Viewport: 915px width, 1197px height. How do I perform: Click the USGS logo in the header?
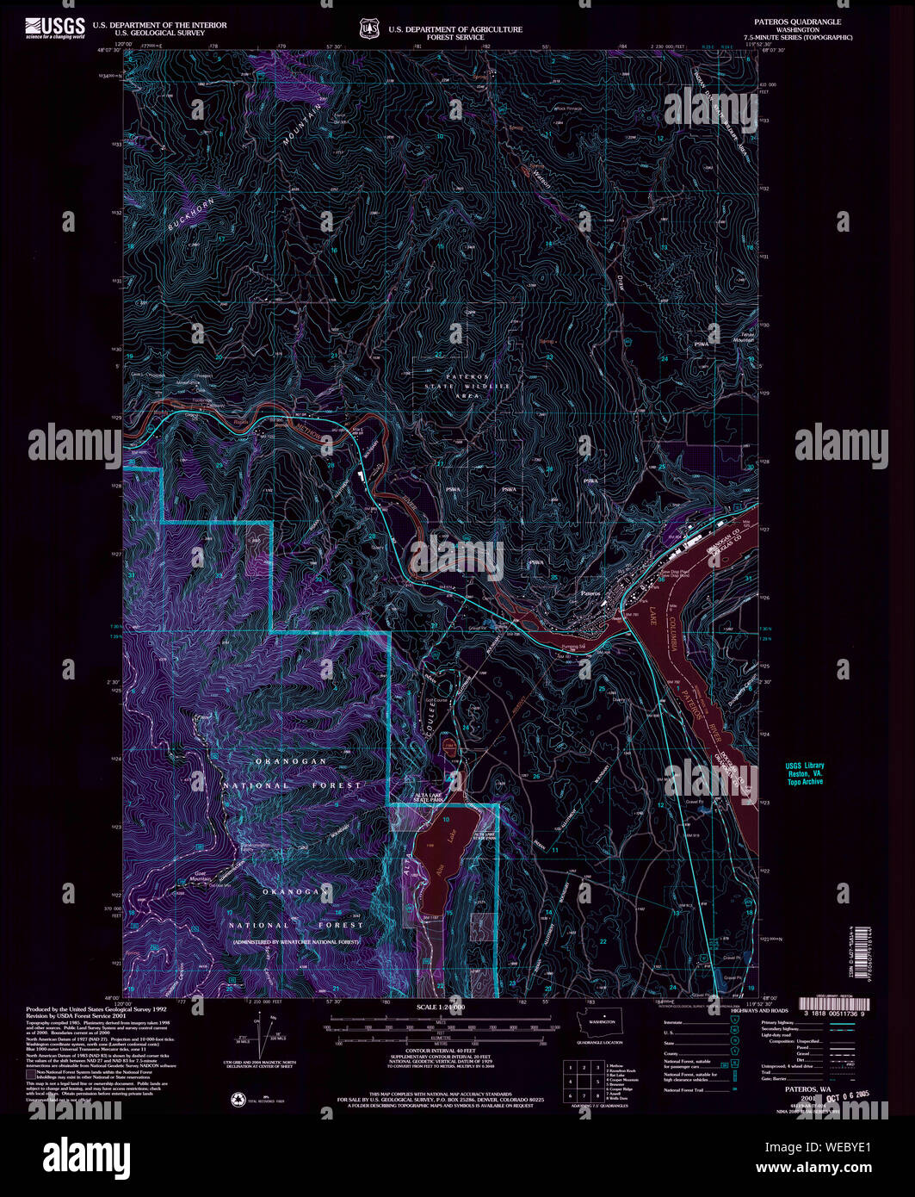[x=55, y=28]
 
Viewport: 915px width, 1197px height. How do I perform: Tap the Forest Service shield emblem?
[x=370, y=29]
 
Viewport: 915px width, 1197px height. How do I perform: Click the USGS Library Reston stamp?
[x=805, y=773]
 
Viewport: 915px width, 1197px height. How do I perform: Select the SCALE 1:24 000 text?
[x=440, y=1007]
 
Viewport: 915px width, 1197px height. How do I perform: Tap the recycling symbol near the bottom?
[x=238, y=1098]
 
